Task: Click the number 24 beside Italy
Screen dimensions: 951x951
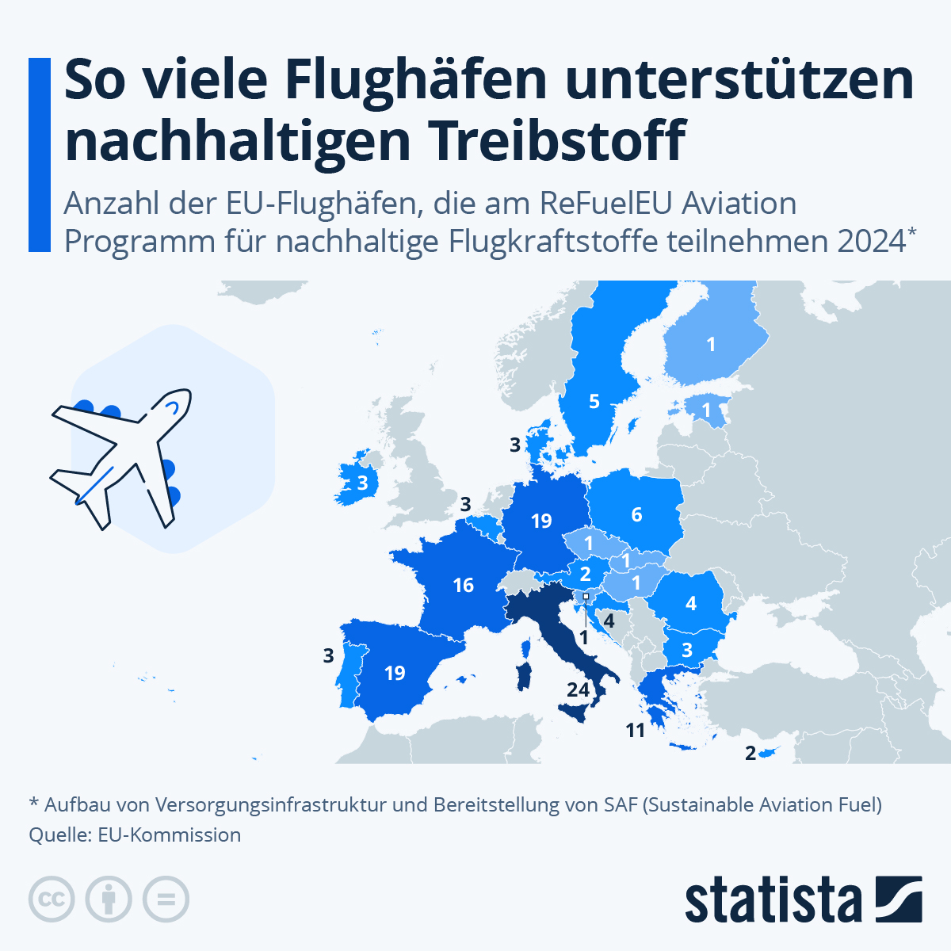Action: point(578,689)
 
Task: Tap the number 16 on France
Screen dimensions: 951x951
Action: point(463,586)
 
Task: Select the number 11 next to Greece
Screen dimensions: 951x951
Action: point(635,731)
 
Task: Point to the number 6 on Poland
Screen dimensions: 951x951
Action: point(636,515)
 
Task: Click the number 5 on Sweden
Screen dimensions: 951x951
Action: point(594,402)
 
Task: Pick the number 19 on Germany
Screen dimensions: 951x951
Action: point(541,521)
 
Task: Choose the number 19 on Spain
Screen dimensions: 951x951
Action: point(395,673)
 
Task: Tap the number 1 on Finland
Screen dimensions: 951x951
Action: point(711,344)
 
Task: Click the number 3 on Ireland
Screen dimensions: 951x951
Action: point(362,483)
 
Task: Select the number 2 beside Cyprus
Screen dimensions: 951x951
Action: point(750,753)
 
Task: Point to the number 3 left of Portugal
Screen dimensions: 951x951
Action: point(328,656)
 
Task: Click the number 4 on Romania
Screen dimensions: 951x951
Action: point(690,604)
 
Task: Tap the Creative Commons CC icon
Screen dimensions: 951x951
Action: point(52,899)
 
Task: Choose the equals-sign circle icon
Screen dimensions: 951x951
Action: point(166,899)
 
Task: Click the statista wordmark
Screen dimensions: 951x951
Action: point(773,900)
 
